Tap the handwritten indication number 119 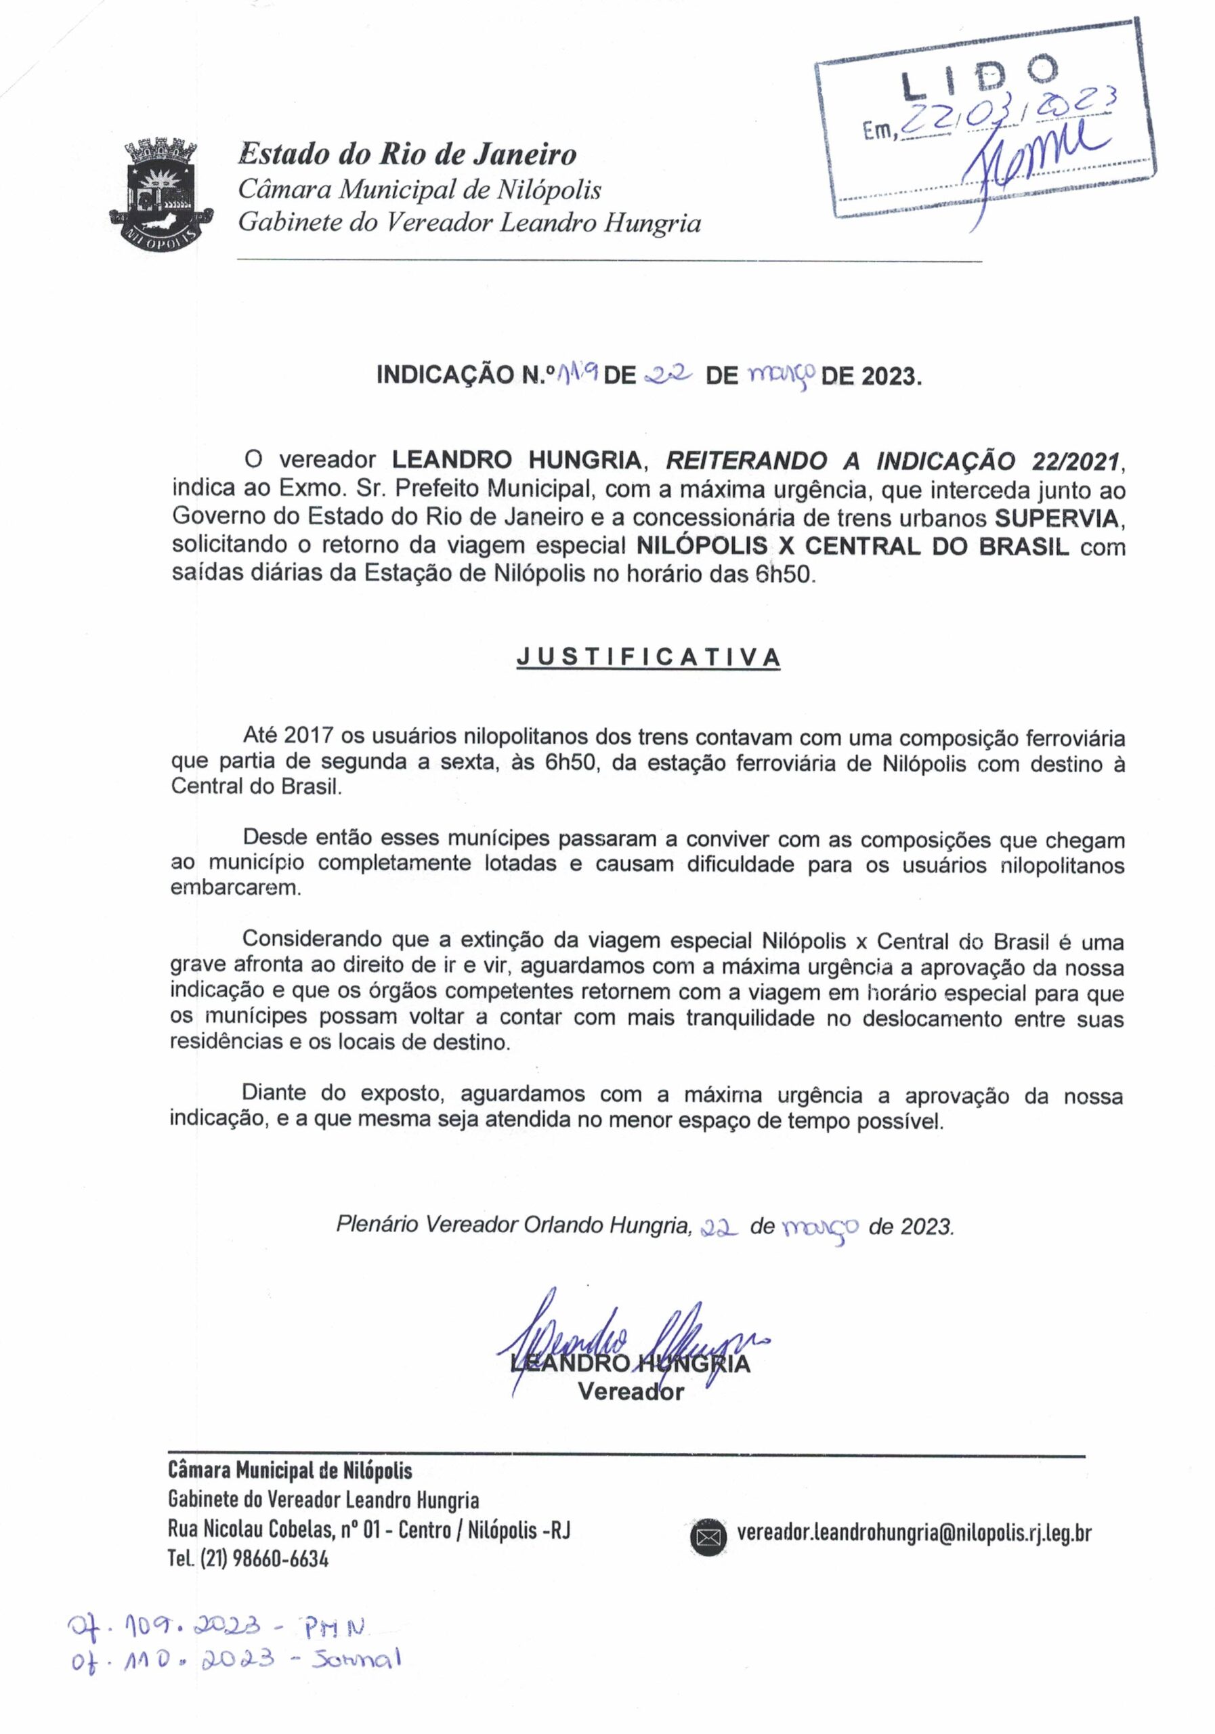point(577,373)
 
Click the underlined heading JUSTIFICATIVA point(648,657)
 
